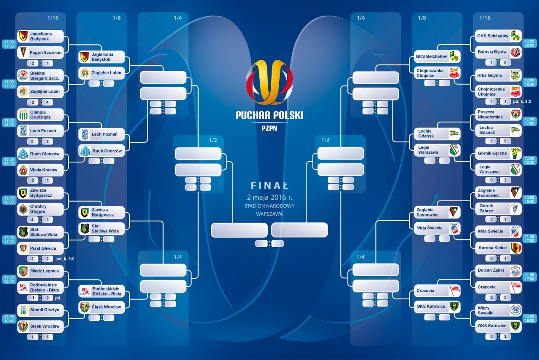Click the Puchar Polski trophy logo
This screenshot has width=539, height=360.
coord(269,82)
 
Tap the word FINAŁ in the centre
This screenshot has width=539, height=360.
coord(269,186)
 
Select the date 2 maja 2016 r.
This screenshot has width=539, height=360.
coord(269,197)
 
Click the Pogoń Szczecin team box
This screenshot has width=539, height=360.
coord(40,53)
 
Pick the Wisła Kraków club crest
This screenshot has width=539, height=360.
coord(23,170)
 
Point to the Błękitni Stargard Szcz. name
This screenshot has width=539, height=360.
coord(45,76)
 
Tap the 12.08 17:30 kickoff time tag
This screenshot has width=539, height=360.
coord(9,44)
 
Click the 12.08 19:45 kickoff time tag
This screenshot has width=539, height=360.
coord(9,319)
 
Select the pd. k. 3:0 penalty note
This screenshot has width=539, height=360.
coord(65,259)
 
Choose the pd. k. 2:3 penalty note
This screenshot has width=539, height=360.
coord(522,101)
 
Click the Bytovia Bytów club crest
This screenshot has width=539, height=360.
coord(516,52)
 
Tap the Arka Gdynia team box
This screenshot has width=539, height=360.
coord(498,75)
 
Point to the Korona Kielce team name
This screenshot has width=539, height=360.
coord(492,248)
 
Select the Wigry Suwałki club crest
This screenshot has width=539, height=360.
coord(516,310)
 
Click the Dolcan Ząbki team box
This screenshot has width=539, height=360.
coord(498,270)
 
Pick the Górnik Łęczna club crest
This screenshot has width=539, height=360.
coord(516,153)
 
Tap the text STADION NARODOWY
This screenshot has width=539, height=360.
coord(269,206)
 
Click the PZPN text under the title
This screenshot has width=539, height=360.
coord(269,128)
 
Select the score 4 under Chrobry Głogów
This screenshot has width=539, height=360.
coord(32,219)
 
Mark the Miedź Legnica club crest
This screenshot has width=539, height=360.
coord(23,271)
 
